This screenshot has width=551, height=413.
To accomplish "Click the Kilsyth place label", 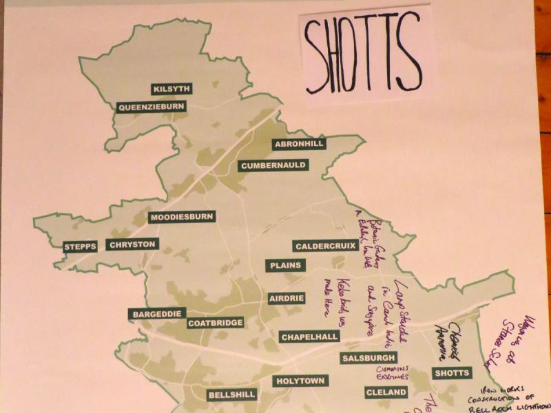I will [x=171, y=89].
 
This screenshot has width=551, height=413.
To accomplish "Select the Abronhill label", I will [x=298, y=144].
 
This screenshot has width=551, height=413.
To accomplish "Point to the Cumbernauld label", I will [x=273, y=165].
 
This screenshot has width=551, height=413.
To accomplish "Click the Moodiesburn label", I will [x=183, y=217].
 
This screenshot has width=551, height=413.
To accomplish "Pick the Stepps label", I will [x=79, y=246].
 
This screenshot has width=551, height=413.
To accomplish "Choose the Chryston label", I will [x=133, y=244].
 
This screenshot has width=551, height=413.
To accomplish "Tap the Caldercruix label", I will [x=326, y=246].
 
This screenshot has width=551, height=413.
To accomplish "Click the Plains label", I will [x=283, y=265].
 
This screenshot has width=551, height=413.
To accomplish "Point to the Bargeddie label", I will [x=156, y=314].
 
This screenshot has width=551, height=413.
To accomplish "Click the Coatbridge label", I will [x=216, y=322].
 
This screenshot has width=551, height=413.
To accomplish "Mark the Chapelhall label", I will [x=309, y=337].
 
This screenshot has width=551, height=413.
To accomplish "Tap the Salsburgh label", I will [x=368, y=358].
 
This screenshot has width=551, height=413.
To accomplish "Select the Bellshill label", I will [x=231, y=395].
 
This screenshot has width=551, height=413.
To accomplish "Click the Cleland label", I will [x=383, y=393].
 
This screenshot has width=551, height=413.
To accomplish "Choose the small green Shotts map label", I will [x=452, y=373].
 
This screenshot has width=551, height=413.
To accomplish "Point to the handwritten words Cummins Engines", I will [x=393, y=373].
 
